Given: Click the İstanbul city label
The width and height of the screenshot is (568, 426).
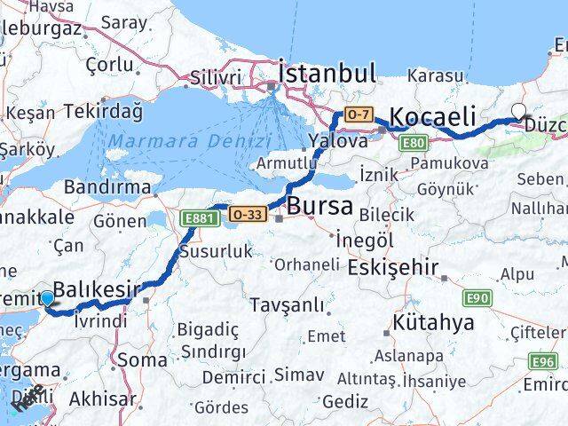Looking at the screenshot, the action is (x=327, y=72).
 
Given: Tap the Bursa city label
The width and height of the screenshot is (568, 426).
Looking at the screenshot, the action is (x=319, y=206).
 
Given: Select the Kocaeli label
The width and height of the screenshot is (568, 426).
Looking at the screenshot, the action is (x=433, y=116).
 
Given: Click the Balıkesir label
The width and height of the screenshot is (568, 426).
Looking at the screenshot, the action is (x=97, y=288).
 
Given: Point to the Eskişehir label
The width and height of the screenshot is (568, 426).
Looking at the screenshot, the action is (x=393, y=266).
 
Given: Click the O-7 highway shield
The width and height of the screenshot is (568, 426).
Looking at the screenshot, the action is (x=358, y=114).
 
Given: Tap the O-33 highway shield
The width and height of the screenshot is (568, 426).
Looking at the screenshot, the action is (x=247, y=214).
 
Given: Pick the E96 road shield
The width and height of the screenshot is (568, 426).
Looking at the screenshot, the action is (x=542, y=361).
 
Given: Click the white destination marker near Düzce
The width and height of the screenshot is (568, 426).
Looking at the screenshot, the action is (x=519, y=112).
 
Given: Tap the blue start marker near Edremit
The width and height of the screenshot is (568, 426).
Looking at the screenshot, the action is (x=47, y=300).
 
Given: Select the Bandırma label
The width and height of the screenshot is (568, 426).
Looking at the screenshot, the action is (x=107, y=187).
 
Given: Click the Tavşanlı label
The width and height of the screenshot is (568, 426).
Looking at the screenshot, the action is (x=287, y=304).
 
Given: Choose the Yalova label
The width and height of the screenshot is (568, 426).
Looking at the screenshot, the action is (x=338, y=140).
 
